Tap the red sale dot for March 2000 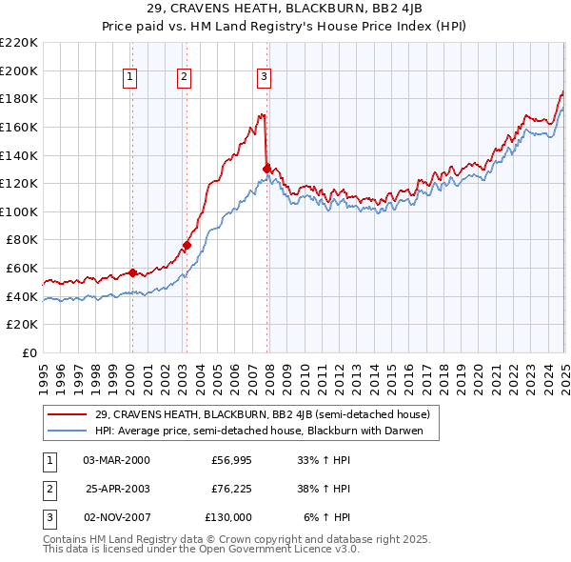pyautogui.click(x=132, y=271)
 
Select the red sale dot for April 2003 pyautogui.click(x=187, y=245)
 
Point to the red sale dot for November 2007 pyautogui.click(x=266, y=169)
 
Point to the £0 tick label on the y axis pyautogui.click(x=30, y=352)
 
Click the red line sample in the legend pyautogui.click(x=69, y=414)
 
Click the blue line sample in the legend pyautogui.click(x=69, y=431)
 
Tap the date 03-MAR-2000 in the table pyautogui.click(x=116, y=459)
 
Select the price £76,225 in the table pyautogui.click(x=231, y=489)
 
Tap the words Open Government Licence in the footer pyautogui.click(x=262, y=550)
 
